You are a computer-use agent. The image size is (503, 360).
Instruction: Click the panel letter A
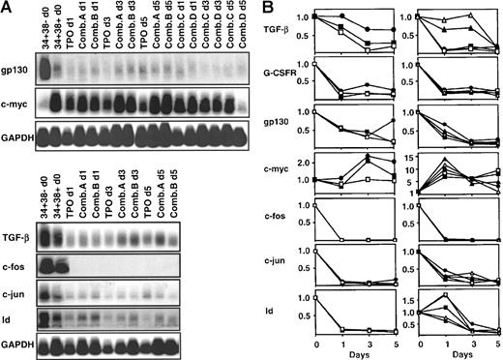(x=8, y=9)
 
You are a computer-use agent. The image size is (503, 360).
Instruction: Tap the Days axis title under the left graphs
(x=359, y=354)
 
